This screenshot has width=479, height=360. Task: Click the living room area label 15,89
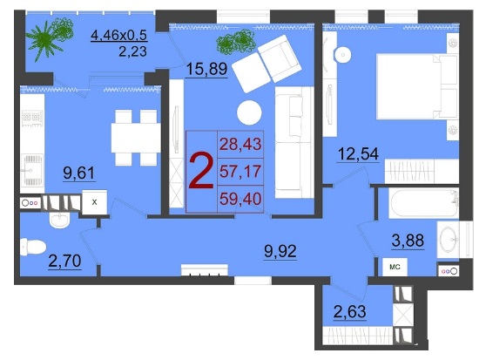coord(206,69)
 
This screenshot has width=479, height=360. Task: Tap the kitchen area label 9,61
coord(79,173)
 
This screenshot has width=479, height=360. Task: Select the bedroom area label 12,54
coord(358,153)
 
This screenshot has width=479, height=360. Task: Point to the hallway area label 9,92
coord(280,251)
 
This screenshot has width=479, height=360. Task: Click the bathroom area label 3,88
coord(408,240)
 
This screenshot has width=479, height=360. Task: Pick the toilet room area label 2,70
coord(64,262)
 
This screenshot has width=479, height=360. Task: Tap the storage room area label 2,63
coord(350,312)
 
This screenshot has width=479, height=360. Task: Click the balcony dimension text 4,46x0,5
coord(119,36)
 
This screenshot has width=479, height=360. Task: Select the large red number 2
coord(200,171)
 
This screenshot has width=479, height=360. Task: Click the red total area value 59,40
coord(240,199)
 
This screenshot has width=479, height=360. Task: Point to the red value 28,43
coord(240,144)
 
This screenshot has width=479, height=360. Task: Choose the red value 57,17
coord(240,172)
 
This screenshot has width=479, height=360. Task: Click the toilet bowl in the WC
coord(33,248)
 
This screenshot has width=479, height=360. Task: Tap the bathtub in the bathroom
coord(423,203)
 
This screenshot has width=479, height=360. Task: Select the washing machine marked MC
coord(395,267)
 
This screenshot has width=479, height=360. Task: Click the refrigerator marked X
coord(94,202)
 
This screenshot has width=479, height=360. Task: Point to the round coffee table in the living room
coord(249,112)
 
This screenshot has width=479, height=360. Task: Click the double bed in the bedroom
coord(416,86)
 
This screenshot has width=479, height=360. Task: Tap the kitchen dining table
coord(136,138)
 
